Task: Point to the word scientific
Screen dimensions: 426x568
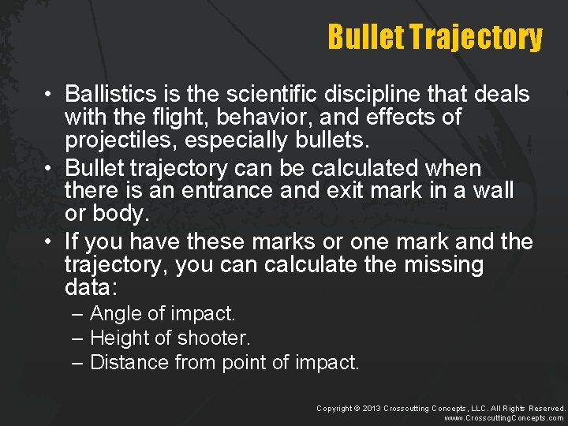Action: click(271, 95)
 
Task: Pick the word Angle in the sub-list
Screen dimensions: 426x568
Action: click(117, 314)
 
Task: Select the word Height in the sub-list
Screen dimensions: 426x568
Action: click(118, 338)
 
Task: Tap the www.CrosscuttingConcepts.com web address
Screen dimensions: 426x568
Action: click(504, 418)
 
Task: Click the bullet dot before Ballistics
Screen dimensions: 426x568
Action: click(49, 95)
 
